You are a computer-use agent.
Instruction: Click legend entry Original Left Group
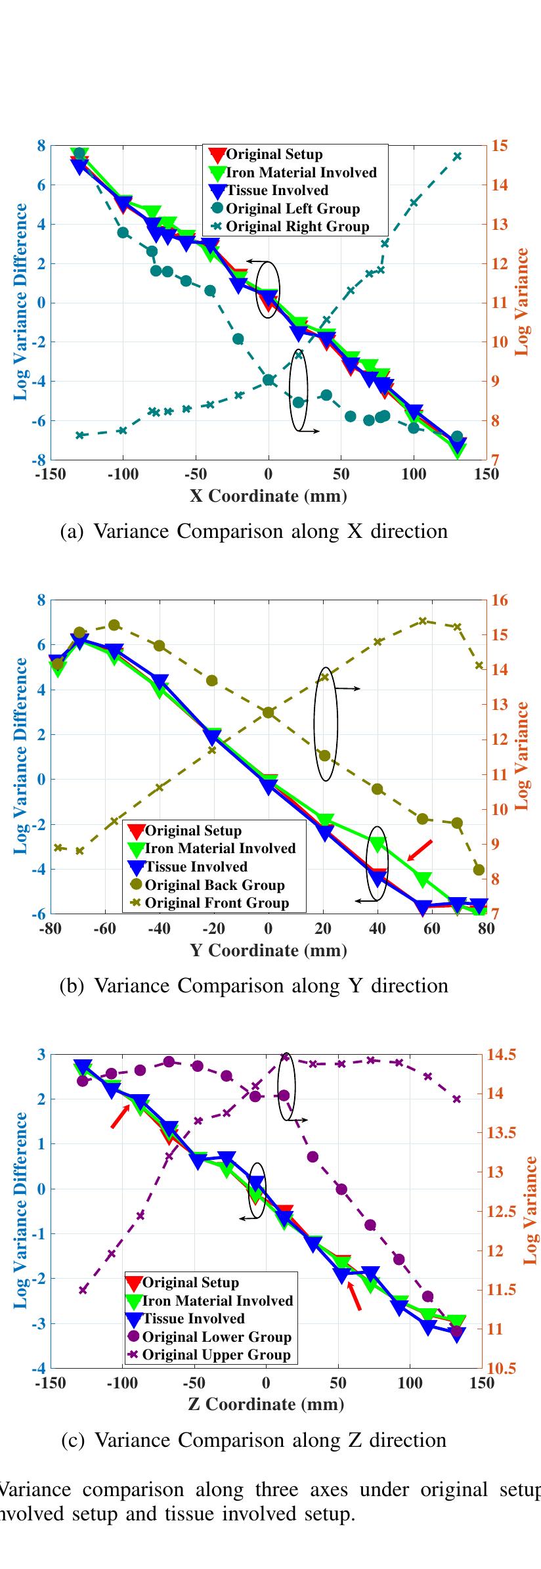(x=293, y=209)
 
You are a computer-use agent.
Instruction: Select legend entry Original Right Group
(x=297, y=227)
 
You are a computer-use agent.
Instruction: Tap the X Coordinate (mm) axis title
(x=268, y=495)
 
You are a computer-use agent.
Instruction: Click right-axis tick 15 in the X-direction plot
(x=500, y=145)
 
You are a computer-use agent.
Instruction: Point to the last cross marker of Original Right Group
(x=458, y=156)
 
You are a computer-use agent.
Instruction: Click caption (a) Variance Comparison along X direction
(x=253, y=531)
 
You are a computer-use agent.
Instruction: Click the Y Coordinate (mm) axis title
(x=268, y=950)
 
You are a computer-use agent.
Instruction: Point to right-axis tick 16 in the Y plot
(x=500, y=600)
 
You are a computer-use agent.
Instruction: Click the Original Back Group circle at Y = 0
(x=268, y=713)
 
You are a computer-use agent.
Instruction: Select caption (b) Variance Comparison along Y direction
(x=253, y=985)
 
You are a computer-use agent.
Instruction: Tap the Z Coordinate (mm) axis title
(x=266, y=1404)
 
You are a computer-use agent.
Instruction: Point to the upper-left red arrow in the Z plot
(x=119, y=1116)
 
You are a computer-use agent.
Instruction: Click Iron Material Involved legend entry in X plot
(x=301, y=173)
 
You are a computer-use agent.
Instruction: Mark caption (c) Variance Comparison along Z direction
(x=253, y=1440)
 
